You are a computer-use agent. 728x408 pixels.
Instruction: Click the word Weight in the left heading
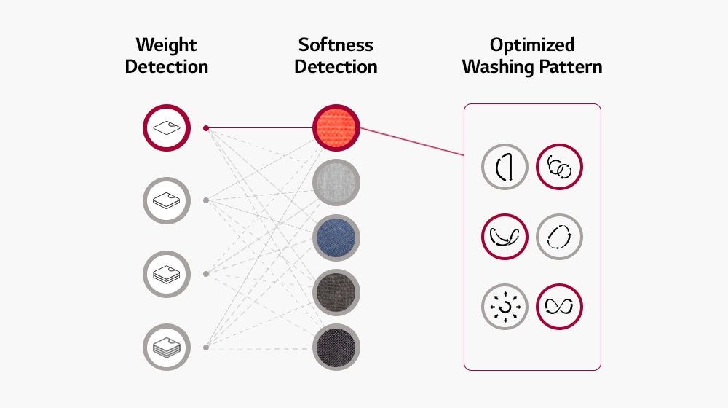point(166,44)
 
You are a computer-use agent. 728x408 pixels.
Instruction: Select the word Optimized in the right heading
point(532,44)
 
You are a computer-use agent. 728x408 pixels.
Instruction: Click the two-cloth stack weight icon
point(166,200)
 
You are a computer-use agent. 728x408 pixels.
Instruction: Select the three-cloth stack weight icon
point(166,274)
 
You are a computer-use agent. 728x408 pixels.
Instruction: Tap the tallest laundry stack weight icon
point(166,348)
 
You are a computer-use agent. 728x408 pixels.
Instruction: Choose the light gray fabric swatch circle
point(337,182)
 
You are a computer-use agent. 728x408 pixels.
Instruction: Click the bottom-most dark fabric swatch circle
point(337,348)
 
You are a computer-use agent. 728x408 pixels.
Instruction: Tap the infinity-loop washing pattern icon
point(559,307)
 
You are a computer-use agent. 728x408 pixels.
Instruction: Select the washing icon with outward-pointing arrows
point(505,307)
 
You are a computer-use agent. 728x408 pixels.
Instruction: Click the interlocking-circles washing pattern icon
point(559,168)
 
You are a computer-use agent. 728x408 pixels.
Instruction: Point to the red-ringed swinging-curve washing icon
point(505,237)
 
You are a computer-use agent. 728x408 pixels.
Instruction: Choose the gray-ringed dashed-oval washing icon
point(559,237)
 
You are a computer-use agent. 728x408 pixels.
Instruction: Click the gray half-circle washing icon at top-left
point(505,168)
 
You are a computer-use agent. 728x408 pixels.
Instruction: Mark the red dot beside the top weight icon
point(206,128)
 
